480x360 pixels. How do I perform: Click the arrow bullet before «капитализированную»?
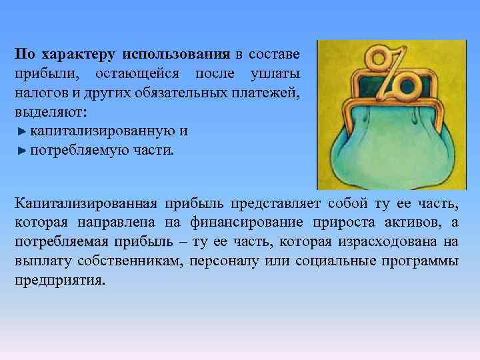coord(22,131)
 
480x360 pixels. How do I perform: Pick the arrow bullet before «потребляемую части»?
coord(22,151)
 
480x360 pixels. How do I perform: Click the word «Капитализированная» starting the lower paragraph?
coord(86,203)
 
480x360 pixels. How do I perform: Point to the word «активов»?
coord(417,222)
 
